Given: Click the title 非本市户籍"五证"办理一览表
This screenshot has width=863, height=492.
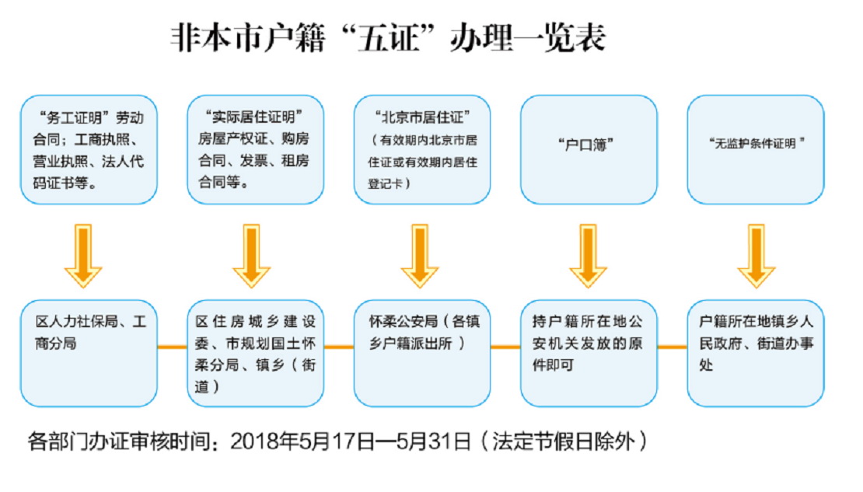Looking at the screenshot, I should (x=387, y=38).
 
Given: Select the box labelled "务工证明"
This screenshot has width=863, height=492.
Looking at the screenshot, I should (x=89, y=150).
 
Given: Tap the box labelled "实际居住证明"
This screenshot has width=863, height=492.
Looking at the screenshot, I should (x=256, y=150).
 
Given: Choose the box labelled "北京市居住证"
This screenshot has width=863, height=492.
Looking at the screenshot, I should (x=422, y=150).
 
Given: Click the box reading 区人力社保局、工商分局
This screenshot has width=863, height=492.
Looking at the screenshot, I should (x=89, y=352).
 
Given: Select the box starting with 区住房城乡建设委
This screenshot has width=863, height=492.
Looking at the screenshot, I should (x=256, y=352).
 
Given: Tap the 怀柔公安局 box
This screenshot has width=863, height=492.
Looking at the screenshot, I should (x=422, y=352).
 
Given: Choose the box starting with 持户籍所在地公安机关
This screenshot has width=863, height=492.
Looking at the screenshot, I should (x=588, y=352).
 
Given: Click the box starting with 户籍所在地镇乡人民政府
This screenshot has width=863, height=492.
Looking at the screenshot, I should (x=756, y=352).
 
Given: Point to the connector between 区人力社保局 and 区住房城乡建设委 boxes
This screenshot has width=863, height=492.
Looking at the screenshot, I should (x=172, y=346).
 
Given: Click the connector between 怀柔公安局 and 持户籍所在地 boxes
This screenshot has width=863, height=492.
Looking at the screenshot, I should (x=505, y=346).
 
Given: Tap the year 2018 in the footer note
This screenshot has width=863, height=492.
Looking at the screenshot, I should (x=255, y=443).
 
